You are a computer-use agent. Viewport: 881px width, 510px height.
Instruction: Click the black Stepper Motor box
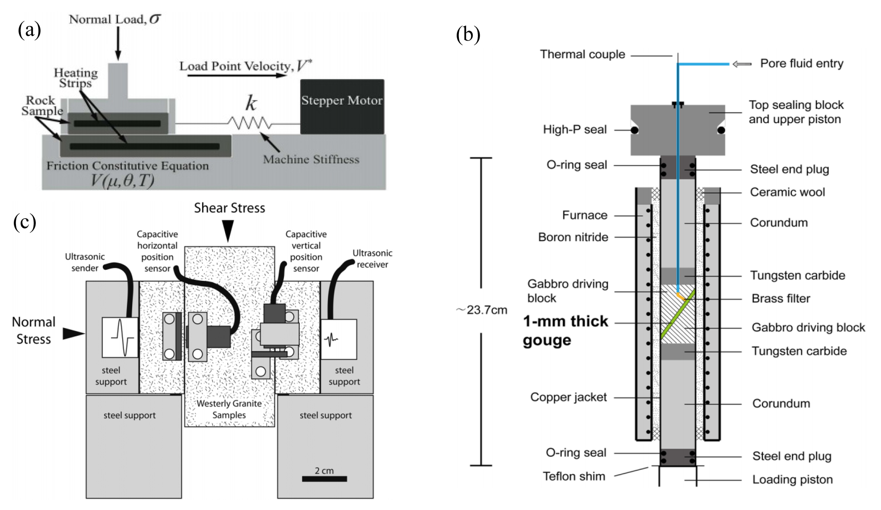pos(342,106)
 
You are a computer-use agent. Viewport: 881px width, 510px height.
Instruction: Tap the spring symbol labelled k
pos(250,123)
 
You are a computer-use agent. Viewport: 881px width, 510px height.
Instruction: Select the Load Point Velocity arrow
pos(237,76)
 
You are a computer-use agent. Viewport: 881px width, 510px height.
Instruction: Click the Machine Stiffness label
pos(311,159)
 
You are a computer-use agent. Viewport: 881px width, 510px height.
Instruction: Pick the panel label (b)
pos(468,35)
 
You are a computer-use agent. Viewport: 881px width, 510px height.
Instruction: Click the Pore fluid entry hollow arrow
pos(742,64)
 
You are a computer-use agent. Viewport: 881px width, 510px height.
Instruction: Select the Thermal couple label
pos(582,54)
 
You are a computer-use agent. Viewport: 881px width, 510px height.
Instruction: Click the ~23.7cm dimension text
pos(482,310)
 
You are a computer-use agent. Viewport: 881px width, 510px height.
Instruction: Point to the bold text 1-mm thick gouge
pos(565,331)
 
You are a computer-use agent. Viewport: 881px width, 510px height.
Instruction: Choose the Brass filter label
pos(780,298)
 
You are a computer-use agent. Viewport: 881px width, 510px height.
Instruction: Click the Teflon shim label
pos(574,476)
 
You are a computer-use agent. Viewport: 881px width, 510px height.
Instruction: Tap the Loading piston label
pos(792,479)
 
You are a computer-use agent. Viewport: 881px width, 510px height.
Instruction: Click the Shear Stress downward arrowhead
pos(228,229)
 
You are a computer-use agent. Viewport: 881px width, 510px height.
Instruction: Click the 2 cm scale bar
pos(324,478)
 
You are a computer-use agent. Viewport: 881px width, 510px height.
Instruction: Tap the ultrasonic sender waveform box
pos(120,337)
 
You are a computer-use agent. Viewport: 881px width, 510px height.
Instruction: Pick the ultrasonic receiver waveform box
pos(338,339)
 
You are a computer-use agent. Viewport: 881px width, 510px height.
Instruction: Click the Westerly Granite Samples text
pos(229,409)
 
